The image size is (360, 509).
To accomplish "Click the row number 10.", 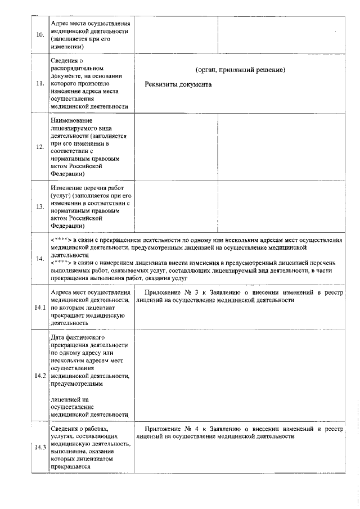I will tap(40, 35).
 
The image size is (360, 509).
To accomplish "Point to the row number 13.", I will tap(40, 206).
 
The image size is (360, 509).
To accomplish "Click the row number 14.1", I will tap(40, 308).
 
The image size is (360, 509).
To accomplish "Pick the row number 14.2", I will tap(40, 376).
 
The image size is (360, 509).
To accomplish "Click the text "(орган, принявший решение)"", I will tap(240, 70).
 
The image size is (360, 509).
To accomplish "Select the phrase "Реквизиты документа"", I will tap(178, 84).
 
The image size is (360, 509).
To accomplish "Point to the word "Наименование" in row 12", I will tap(70, 120).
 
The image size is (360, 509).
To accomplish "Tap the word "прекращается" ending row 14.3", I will tap(69, 467).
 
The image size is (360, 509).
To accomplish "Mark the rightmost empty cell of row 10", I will tap(280, 35).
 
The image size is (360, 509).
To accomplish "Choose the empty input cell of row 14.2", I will tap(238, 376).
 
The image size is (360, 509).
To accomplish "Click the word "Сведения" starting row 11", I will tap(64, 61).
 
